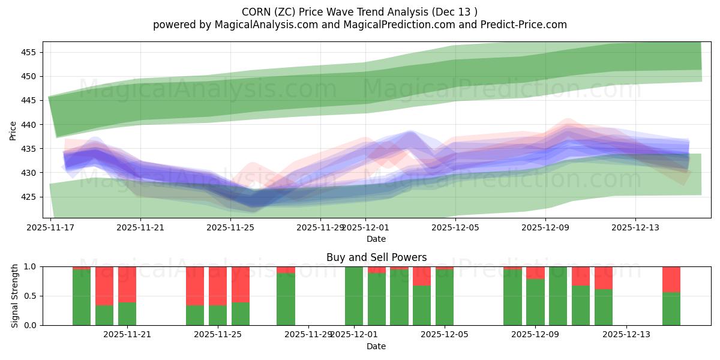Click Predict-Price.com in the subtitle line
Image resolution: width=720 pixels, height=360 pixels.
tap(520, 25)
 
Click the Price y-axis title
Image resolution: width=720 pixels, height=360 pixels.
tap(13, 130)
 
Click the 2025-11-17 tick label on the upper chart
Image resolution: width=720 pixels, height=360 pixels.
tap(50, 227)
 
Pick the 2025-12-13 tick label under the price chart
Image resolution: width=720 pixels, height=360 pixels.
tap(635, 227)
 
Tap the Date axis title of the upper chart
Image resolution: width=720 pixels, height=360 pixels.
tap(376, 239)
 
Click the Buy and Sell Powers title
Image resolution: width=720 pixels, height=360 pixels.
tap(376, 257)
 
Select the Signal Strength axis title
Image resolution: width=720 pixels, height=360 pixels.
tap(15, 296)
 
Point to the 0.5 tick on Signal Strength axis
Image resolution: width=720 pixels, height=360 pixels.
tap(29, 296)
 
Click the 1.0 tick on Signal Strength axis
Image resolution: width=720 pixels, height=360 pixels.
tap(29, 266)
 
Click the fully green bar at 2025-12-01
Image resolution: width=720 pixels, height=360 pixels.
tap(354, 296)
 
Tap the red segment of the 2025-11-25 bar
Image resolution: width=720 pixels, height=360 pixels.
tap(218, 286)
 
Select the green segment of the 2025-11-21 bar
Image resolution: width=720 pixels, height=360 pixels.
tap(127, 314)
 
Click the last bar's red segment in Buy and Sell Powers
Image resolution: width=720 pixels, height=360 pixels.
tap(671, 279)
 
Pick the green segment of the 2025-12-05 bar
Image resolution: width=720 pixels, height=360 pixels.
tap(445, 298)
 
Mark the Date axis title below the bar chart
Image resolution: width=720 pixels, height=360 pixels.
tap(376, 346)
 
